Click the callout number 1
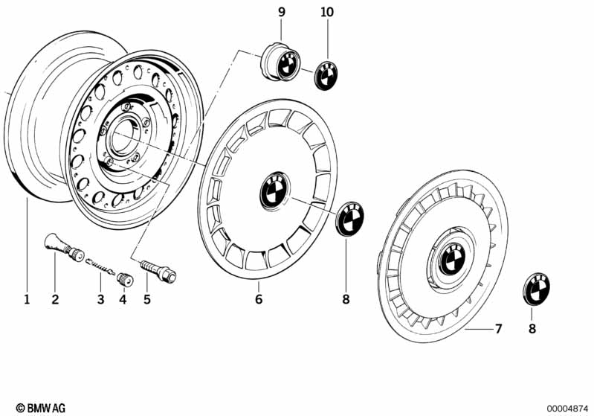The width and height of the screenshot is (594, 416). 27,300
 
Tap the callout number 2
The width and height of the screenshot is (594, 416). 55,300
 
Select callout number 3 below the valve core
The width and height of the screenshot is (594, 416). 100,300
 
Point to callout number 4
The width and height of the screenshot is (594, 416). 123,300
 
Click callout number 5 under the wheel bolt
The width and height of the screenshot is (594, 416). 147,300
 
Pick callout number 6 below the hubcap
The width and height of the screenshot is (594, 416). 259,299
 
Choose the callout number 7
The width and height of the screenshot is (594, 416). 499,328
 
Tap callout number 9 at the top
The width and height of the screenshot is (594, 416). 282,12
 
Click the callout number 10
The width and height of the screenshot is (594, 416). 327,12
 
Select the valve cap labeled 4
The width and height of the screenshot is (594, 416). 124,279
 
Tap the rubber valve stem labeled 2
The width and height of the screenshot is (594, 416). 64,247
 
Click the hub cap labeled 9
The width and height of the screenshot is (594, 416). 281,63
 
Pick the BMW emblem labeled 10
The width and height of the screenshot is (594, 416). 326,75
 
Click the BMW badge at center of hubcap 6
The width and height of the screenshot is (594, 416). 274,191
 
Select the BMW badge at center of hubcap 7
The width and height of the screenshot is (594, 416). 452,259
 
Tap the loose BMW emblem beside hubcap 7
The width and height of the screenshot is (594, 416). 536,288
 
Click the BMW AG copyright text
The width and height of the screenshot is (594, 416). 41,408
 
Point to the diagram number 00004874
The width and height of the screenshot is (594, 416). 567,409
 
